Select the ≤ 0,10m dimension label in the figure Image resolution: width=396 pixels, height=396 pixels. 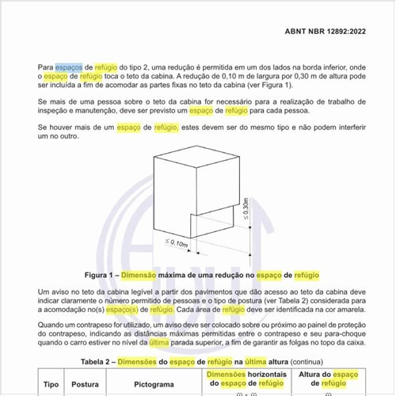click(x=177, y=242)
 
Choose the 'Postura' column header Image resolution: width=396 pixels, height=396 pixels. click(x=85, y=384)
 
